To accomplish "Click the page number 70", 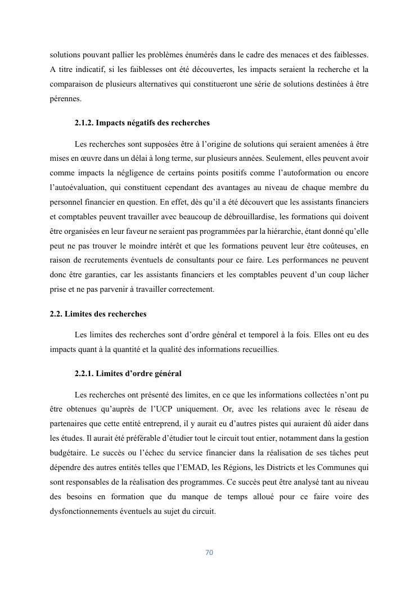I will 209,552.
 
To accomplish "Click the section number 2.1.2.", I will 86,123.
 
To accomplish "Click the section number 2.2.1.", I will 86,373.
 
